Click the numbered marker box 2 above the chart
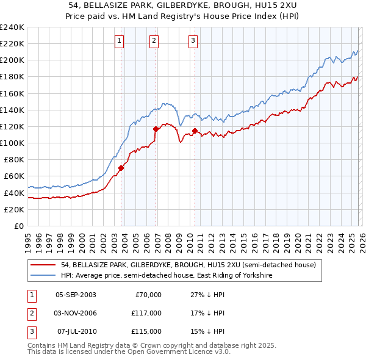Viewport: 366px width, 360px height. tap(154, 41)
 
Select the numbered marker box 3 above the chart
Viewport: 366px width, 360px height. tap(193, 41)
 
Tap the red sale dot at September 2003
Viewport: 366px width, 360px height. tap(121, 168)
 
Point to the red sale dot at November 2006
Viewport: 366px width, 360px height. tap(156, 129)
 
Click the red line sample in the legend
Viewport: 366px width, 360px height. tap(44, 265)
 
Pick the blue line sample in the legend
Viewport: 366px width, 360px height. tap(44, 276)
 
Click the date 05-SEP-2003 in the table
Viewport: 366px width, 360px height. tap(76, 295)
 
